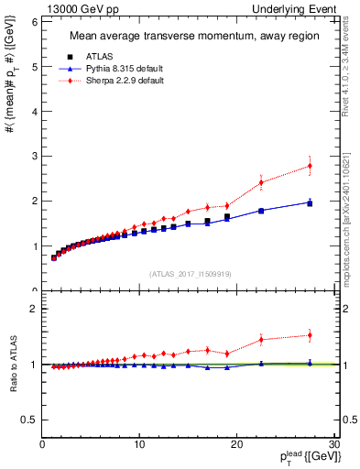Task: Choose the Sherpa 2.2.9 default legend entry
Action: pyautogui.click(x=113, y=81)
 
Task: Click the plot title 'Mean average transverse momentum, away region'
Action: pyautogui.click(x=187, y=37)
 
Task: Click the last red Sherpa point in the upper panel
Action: pyautogui.click(x=310, y=166)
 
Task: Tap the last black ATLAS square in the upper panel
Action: pyautogui.click(x=310, y=203)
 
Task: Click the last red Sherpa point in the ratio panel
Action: pyautogui.click(x=310, y=335)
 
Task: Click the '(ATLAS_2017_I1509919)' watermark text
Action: pyautogui.click(x=190, y=273)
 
